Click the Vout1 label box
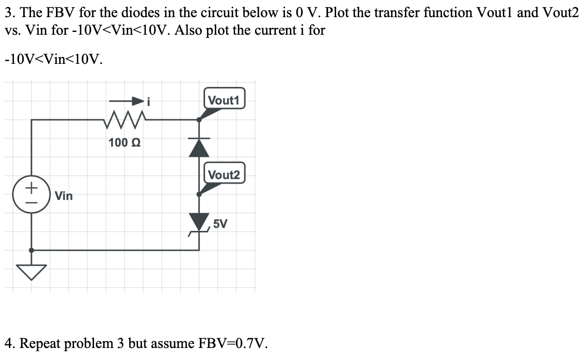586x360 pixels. point(224,100)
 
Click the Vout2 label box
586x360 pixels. point(224,175)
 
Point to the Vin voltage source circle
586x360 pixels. point(31,194)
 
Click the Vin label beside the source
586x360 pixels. point(63,196)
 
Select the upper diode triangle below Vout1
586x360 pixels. point(199,147)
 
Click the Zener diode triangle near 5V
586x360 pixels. point(199,221)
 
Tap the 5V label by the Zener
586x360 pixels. point(220,224)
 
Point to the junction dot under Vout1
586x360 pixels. point(199,119)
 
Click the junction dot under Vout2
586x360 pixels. point(199,194)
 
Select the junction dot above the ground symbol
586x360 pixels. point(31,250)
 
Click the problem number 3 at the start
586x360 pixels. point(9,13)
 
